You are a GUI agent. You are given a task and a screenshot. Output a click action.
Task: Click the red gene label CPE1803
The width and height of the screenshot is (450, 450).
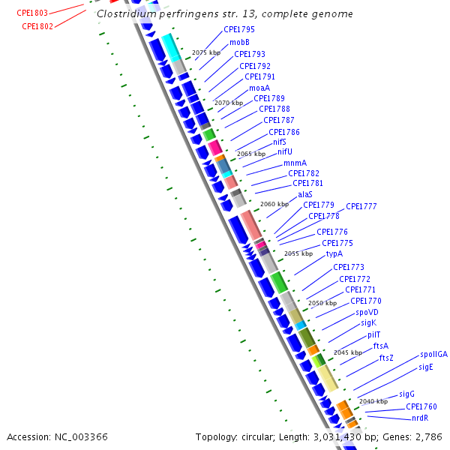32,13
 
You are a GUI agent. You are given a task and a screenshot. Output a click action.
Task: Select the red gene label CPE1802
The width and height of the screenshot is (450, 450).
37,26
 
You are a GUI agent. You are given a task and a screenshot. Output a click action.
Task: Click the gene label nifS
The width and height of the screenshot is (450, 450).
279,142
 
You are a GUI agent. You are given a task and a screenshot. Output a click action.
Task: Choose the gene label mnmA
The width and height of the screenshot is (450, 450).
295,163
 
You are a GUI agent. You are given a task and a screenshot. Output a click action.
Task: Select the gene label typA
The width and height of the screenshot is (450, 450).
334,253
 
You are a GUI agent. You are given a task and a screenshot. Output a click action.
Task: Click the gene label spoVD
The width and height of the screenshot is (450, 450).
367,312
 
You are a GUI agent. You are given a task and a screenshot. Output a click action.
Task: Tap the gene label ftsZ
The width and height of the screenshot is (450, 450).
386,358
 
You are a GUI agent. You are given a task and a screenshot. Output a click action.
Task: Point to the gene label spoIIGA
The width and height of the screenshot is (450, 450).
433,355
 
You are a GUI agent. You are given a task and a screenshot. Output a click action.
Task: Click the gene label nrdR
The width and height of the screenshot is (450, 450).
420,418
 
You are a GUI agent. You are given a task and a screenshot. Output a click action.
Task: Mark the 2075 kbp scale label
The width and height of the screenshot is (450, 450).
206,53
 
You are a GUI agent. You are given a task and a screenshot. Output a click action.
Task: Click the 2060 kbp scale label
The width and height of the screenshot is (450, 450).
274,204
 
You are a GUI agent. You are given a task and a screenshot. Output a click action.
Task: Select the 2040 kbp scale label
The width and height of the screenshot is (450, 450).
373,401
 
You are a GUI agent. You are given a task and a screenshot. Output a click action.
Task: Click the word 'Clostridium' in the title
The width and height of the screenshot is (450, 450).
124,14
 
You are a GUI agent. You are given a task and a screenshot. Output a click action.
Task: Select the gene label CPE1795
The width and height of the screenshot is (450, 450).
239,29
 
